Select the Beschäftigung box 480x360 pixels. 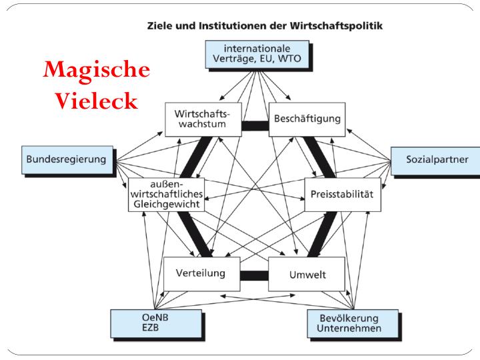tap(307, 119)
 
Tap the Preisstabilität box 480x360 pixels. tap(342, 194)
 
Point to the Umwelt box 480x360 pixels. tap(307, 274)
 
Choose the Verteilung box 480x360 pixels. tap(200, 273)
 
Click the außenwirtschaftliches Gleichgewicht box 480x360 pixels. tap(166, 194)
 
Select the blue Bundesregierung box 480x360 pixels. tap(67, 159)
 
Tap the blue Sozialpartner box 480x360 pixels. tap(437, 160)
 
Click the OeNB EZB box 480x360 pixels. tap(156, 323)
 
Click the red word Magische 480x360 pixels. tap(96, 69)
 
